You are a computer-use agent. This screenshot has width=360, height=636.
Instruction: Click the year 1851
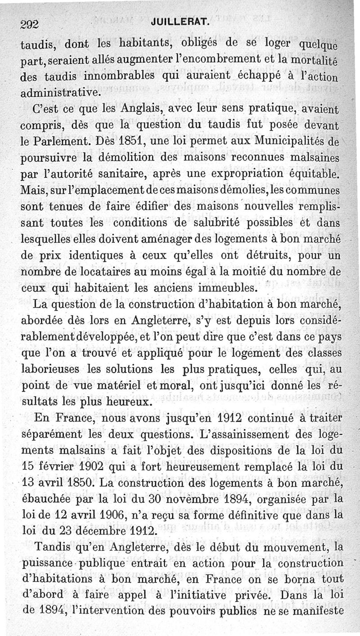tap(130, 140)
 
